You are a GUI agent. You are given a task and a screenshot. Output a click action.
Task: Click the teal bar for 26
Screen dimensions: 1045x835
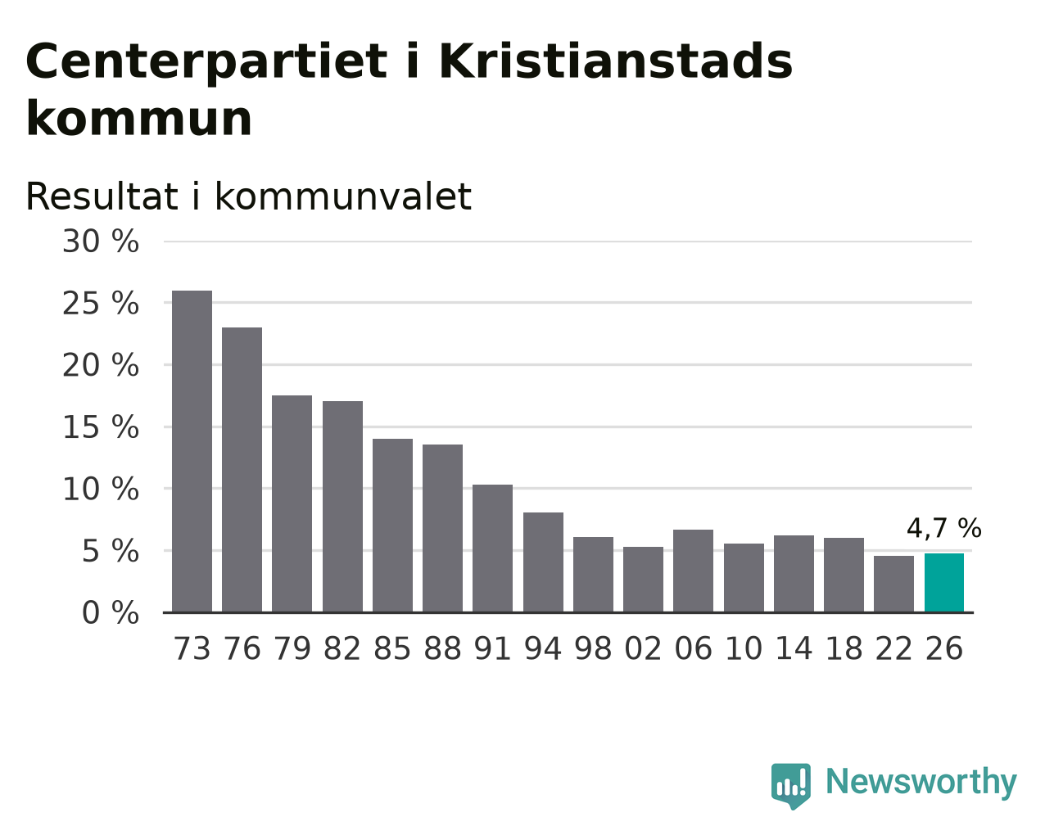(943, 583)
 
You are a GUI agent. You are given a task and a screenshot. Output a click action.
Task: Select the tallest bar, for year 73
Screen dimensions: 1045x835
(192, 452)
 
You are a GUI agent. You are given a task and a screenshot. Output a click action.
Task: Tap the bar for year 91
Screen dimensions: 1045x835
(492, 548)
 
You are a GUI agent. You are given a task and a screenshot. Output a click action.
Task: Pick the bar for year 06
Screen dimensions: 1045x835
(693, 571)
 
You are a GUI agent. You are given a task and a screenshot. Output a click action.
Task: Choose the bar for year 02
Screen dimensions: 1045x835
(643, 580)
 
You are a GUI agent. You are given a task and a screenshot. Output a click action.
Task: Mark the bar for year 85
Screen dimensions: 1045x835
(392, 526)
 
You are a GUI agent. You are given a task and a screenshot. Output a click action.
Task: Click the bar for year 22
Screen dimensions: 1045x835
(893, 584)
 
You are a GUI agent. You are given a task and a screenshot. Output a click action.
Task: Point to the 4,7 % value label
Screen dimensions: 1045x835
(943, 528)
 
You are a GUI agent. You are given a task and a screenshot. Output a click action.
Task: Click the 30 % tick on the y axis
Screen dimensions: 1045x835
(101, 241)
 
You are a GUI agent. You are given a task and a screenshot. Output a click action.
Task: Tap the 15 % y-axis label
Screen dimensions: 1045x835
(101, 427)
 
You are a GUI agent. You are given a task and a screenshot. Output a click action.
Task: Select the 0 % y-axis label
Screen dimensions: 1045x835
(111, 612)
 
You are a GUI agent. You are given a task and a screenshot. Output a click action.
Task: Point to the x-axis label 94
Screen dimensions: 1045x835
(543, 648)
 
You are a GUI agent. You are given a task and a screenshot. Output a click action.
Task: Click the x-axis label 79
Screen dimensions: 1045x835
(292, 648)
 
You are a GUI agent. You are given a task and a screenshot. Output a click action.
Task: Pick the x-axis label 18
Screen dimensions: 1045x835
(844, 648)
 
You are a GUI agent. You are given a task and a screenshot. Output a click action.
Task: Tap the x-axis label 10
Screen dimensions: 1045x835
(744, 648)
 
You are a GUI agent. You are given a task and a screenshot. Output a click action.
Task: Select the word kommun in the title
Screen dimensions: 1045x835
(139, 119)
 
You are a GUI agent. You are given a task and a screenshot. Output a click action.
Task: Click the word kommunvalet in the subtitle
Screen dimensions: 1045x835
(343, 197)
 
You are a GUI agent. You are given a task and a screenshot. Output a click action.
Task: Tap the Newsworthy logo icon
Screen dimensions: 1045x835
(791, 786)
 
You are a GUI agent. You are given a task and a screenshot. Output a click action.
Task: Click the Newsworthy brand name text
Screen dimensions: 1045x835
(921, 782)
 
